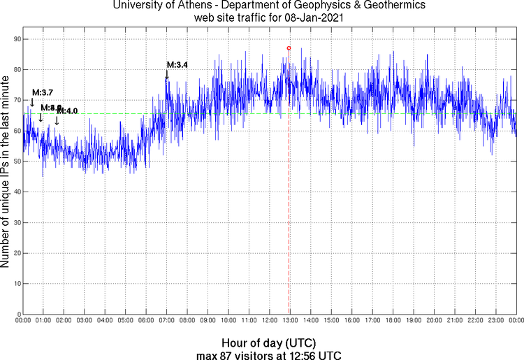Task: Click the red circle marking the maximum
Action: coord(289,48)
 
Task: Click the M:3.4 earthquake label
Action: coord(177,65)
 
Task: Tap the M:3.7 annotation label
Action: coord(43,92)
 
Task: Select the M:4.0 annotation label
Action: coord(67,110)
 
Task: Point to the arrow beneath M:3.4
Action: coord(167,75)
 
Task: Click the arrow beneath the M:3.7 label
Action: coord(31,102)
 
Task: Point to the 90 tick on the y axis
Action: coord(15,39)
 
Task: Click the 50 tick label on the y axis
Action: coord(15,161)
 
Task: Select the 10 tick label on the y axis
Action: coord(15,284)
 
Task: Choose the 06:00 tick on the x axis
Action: coord(146,321)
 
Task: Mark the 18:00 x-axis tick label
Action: coord(393,321)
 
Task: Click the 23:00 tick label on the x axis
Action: coord(496,321)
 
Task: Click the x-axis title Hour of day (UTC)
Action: coord(269,343)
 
